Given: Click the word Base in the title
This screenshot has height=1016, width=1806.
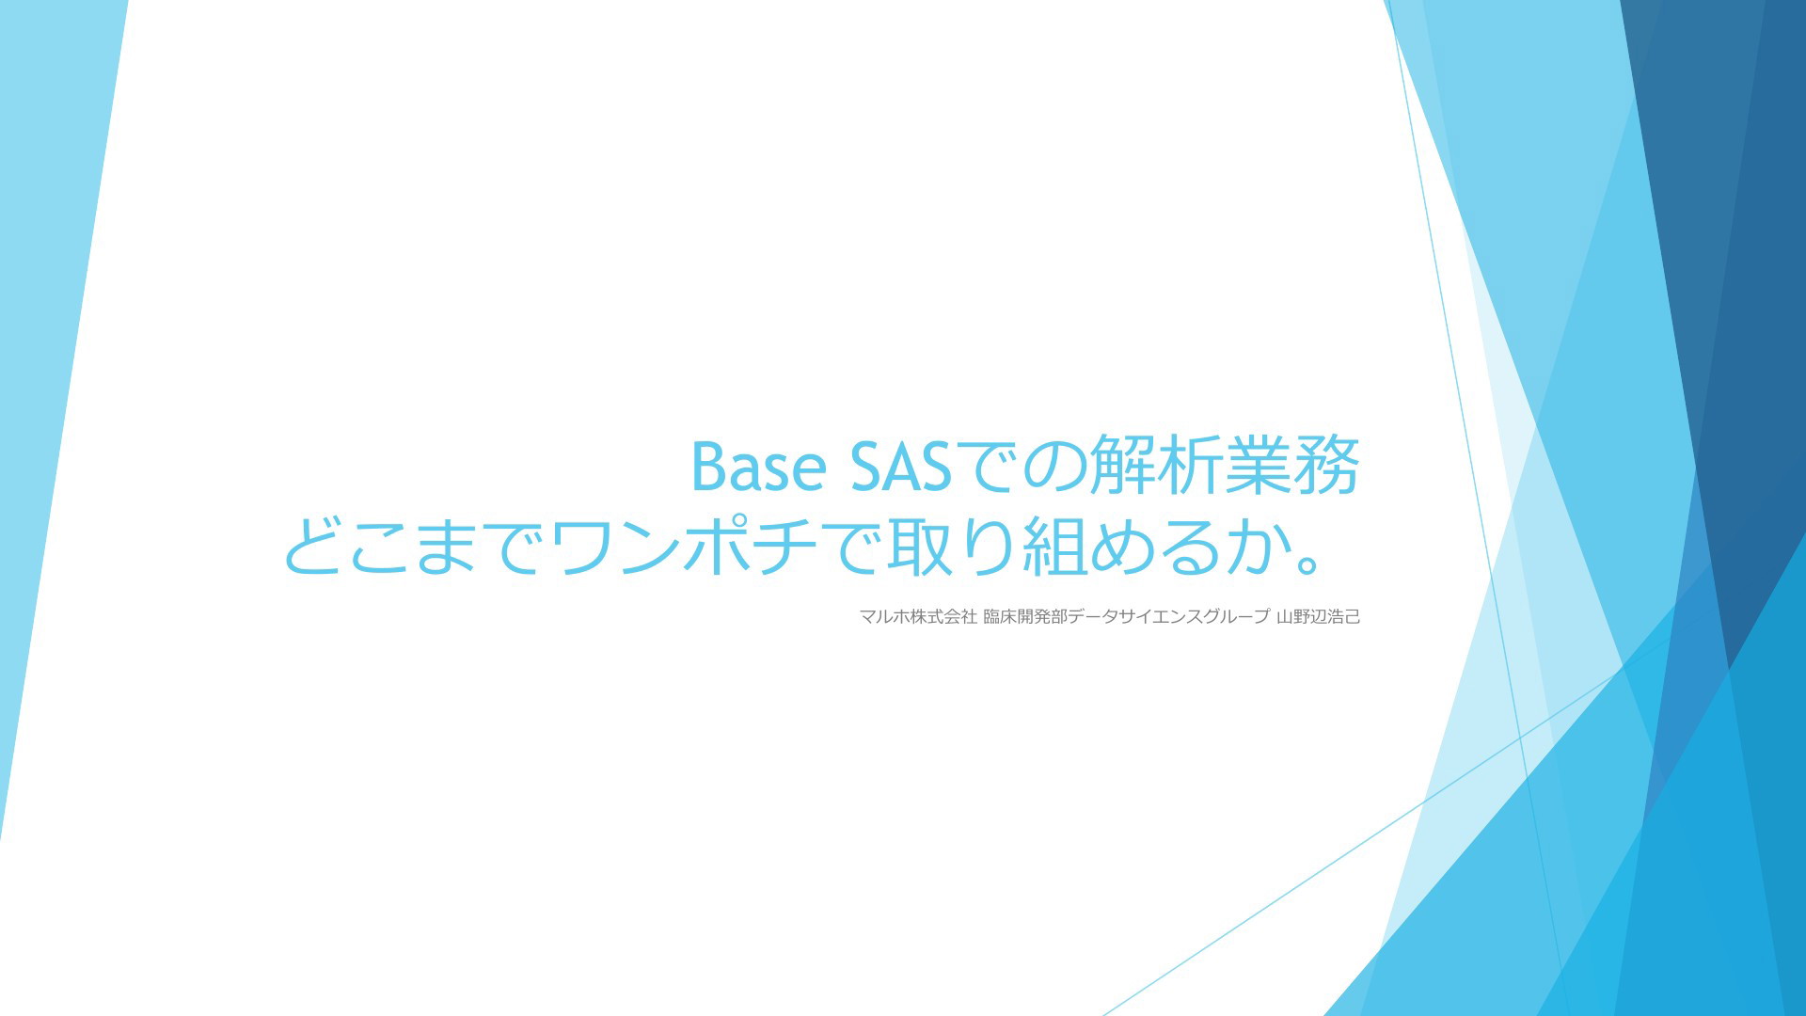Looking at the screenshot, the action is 759,467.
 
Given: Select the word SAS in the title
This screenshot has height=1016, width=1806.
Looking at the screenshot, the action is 901,467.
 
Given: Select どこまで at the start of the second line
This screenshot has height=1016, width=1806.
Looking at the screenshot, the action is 414,546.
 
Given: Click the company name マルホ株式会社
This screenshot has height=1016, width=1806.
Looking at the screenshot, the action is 918,617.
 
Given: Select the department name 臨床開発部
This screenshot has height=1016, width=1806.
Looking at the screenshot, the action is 1025,617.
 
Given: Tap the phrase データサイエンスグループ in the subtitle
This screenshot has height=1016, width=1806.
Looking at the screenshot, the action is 1169,617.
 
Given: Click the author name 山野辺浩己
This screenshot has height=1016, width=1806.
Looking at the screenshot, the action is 1318,617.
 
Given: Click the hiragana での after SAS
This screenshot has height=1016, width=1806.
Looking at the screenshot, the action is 1022,467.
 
